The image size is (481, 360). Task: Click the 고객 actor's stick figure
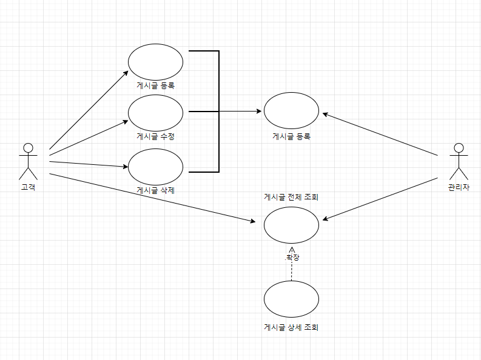tap(27, 161)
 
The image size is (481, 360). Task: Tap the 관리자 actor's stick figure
tap(459, 161)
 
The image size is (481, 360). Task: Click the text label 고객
tap(27, 187)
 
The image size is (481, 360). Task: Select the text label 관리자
tap(459, 187)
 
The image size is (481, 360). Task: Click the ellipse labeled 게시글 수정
tap(155, 112)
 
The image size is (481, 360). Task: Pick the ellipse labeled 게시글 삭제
tap(155, 166)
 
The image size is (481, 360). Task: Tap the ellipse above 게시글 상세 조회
tap(291, 299)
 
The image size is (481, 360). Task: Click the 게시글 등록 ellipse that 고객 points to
tap(155, 61)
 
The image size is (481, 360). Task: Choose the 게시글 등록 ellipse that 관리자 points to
tap(291, 112)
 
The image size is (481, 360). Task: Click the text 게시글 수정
tap(155, 136)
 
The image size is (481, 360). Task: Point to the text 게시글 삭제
tap(155, 190)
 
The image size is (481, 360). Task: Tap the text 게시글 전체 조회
tap(291, 197)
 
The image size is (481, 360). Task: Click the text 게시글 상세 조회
tap(291, 327)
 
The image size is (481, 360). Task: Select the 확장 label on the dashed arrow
tap(292, 258)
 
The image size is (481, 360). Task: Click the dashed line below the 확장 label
tap(292, 272)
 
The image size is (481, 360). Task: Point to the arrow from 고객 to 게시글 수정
tap(88, 136)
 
